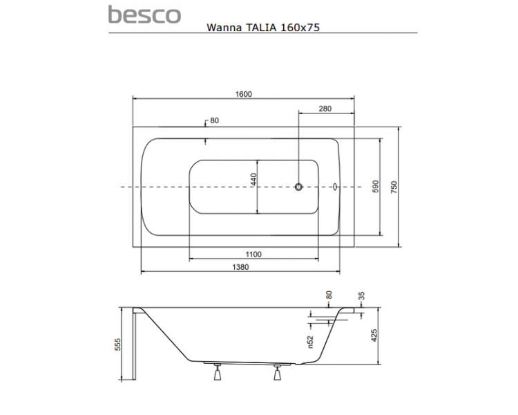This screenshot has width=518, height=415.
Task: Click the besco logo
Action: pyautogui.click(x=144, y=15)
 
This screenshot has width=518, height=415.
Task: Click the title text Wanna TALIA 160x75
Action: pyautogui.click(x=263, y=27)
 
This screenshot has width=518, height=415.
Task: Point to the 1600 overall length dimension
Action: pyautogui.click(x=244, y=94)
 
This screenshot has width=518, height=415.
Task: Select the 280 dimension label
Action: pyautogui.click(x=325, y=109)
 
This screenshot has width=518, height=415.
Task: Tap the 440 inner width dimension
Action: pyautogui.click(x=253, y=180)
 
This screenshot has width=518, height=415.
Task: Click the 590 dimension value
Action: pyautogui.click(x=376, y=187)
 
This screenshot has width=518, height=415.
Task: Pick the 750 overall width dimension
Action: pyautogui.click(x=394, y=187)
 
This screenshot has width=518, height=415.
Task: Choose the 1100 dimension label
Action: pyautogui.click(x=253, y=254)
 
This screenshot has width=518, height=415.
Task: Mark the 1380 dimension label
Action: pyautogui.click(x=240, y=267)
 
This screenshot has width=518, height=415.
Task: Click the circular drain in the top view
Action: pyautogui.click(x=298, y=187)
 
